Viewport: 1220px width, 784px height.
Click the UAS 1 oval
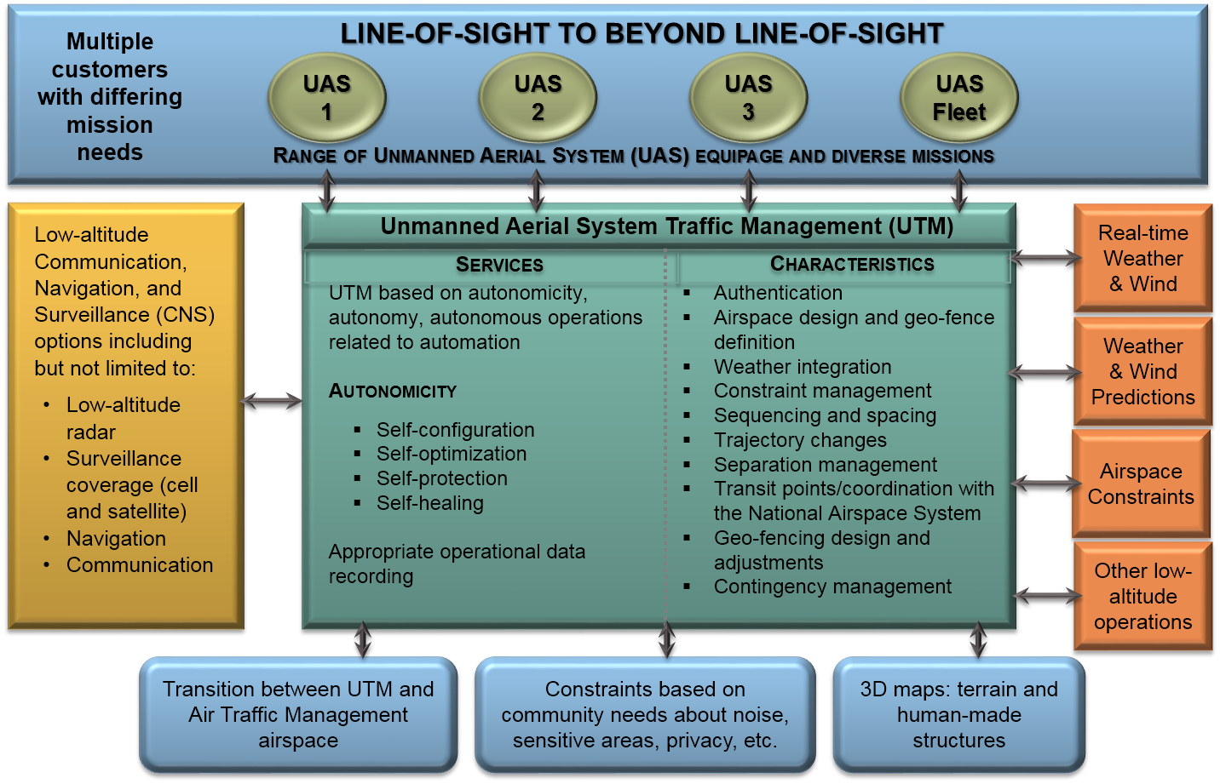[327, 98]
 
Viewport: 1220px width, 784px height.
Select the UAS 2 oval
[538, 98]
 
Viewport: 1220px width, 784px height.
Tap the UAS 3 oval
[748, 98]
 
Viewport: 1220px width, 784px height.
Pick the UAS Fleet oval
[959, 98]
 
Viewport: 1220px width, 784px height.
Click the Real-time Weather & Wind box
[1142, 258]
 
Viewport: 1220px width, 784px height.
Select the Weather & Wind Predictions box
[1142, 371]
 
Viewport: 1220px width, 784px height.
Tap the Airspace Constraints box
[1141, 484]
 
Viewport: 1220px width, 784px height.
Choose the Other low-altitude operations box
[1142, 596]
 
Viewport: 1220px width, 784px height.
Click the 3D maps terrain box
[958, 714]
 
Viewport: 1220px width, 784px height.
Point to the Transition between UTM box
[298, 714]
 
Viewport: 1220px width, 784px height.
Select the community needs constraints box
[645, 714]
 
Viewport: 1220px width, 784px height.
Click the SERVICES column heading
[499, 265]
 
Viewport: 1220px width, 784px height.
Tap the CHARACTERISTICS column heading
[852, 264]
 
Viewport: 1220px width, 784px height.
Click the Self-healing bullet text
[430, 503]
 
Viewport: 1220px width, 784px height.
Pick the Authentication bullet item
[778, 293]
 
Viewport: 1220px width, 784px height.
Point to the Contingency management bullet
[832, 587]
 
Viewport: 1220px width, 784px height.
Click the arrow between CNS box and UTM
[272, 400]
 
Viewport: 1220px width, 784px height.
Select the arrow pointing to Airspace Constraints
[1045, 484]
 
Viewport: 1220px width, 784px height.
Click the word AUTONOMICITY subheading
[393, 391]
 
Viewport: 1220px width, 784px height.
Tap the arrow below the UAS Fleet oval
[959, 191]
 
